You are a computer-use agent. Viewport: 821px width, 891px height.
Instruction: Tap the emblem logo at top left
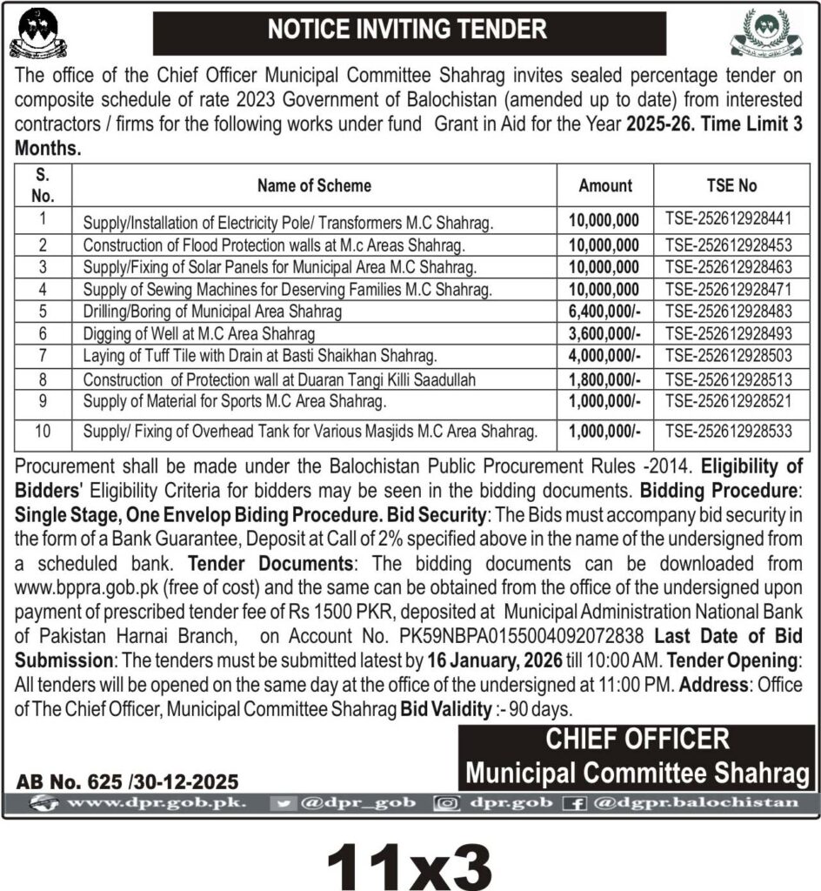click(x=37, y=32)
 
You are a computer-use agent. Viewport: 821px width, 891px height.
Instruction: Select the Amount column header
click(x=605, y=185)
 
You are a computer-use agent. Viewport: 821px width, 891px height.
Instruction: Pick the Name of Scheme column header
click(x=314, y=185)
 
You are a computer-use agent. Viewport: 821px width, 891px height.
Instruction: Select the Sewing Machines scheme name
click(x=287, y=288)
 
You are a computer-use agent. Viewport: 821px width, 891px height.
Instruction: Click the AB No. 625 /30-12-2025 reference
click(x=127, y=781)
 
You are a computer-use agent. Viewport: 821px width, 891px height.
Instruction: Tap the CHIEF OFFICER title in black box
click(x=637, y=740)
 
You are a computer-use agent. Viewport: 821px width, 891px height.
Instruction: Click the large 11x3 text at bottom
click(x=410, y=862)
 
